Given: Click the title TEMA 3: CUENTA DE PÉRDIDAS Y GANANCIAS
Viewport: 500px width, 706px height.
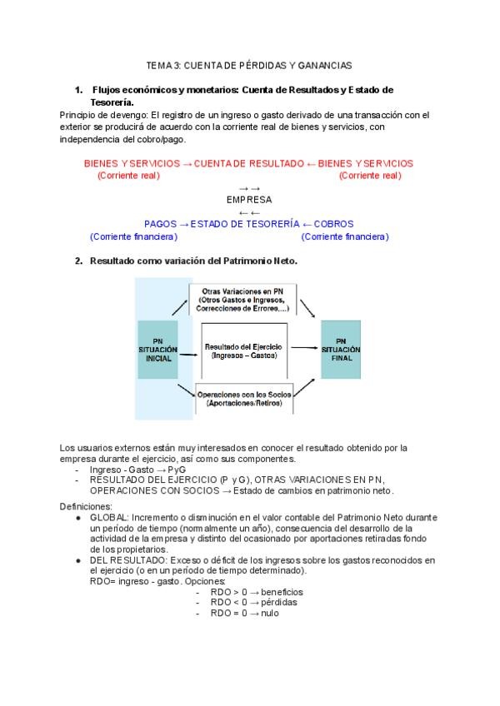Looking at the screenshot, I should tap(249, 64).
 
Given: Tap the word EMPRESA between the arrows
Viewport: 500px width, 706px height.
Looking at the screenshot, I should tap(249, 200).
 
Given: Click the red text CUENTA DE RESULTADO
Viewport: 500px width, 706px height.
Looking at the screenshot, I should tap(249, 163).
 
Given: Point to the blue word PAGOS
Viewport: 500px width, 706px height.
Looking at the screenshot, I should tap(160, 224).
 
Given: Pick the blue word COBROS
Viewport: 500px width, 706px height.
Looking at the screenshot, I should tap(334, 224).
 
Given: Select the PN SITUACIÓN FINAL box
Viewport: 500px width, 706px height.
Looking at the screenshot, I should tap(342, 349).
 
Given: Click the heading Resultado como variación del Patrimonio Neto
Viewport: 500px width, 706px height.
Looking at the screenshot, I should tap(193, 261).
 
